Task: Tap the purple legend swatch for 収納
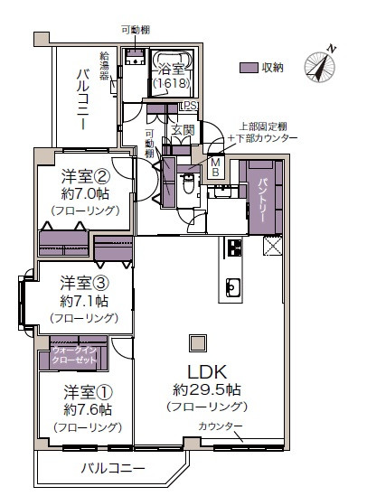[249, 68]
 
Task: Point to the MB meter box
[217, 167]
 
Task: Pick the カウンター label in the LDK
[221, 426]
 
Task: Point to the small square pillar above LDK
[196, 342]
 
